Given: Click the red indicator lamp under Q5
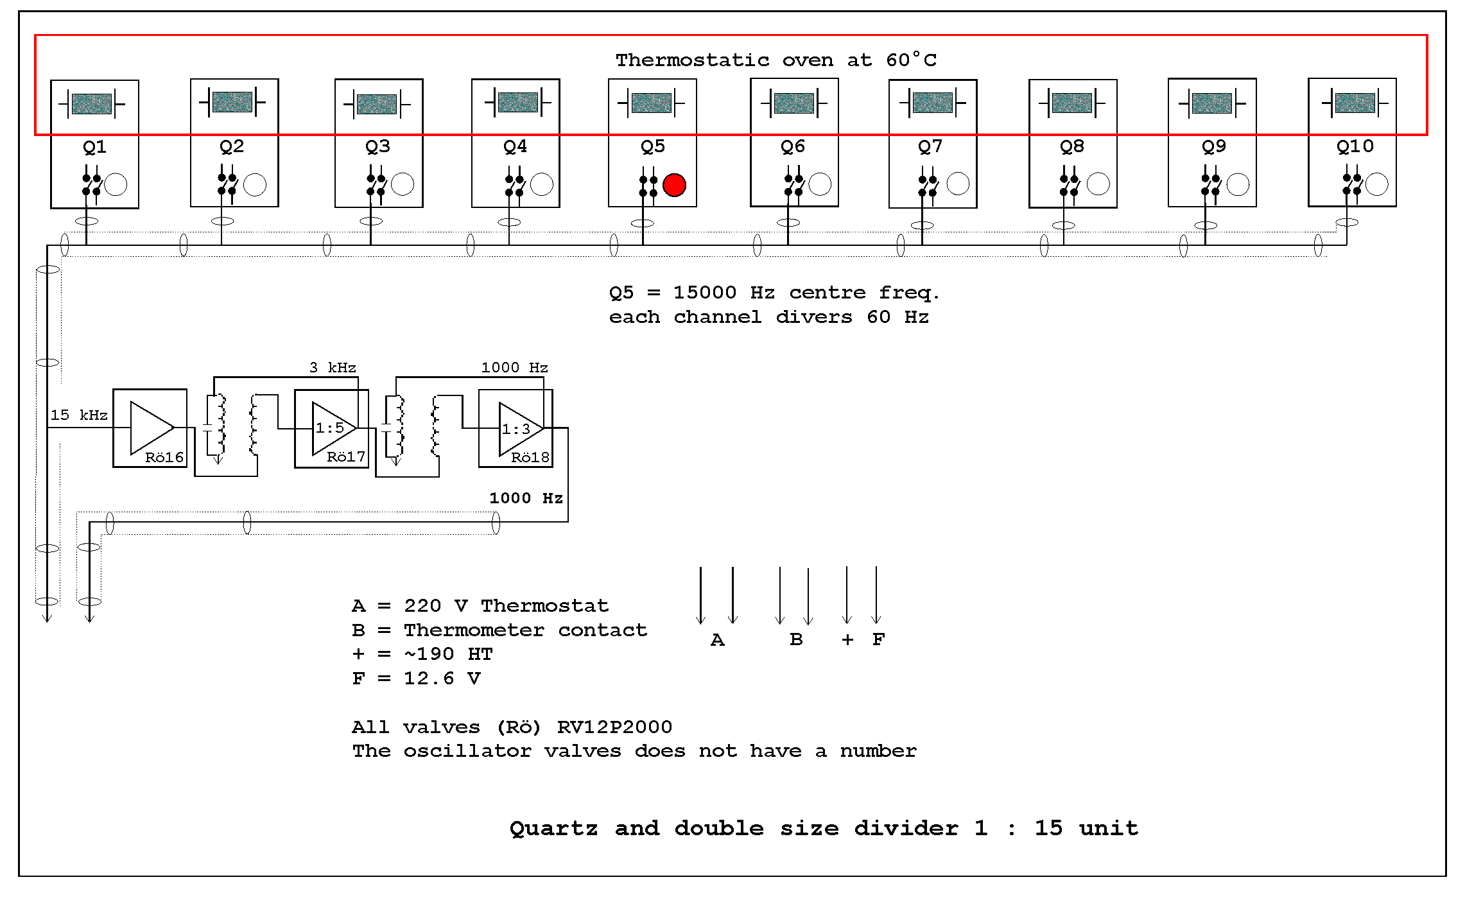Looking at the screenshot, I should (674, 185).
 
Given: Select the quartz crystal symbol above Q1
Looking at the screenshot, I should (92, 103).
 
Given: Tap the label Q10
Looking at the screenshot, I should (1355, 146).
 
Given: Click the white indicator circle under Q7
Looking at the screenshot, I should (958, 184).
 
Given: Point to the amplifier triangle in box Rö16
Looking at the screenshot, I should (150, 428).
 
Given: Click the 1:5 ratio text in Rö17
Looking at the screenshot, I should (329, 428).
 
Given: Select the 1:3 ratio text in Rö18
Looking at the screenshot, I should (516, 429).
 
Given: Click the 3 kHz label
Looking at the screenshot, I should (332, 367).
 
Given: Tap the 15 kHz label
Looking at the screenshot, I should (78, 415).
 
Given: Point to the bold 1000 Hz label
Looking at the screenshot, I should (526, 498).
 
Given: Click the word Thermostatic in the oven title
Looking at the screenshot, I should (692, 60).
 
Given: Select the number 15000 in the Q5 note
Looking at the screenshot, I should (704, 293).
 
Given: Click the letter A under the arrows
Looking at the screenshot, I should (717, 639).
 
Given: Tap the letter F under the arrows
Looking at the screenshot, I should (878, 639).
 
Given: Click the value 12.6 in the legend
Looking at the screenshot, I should (428, 679).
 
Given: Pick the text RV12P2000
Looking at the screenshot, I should (614, 727).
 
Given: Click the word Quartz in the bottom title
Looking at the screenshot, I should (553, 829).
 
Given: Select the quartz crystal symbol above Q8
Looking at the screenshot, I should (1071, 103).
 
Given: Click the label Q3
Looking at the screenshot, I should (377, 147).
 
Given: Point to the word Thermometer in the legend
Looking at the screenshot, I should (474, 630).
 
